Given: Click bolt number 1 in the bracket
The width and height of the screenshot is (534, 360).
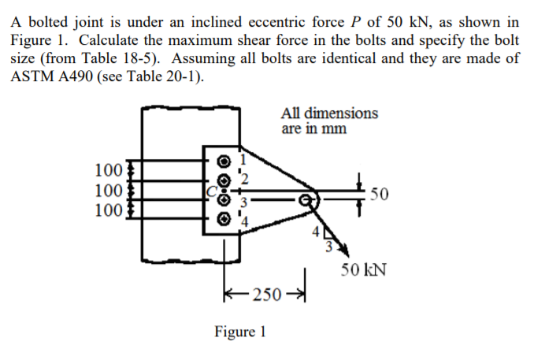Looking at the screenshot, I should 224,161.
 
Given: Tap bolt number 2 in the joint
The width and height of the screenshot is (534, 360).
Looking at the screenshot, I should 224,180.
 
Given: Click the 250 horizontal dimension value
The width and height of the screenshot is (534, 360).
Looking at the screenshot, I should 267,295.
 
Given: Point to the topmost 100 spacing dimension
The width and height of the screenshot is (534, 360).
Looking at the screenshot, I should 107,169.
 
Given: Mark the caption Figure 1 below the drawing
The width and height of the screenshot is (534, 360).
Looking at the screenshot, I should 240,332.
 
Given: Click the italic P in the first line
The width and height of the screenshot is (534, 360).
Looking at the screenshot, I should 361,20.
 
